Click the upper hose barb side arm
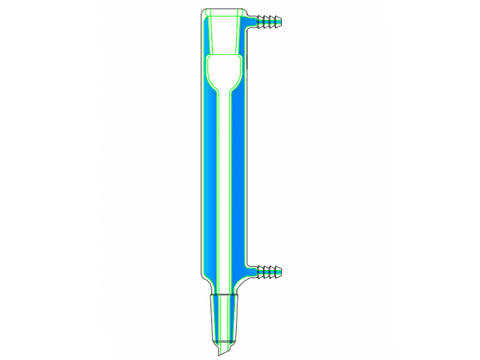pos(269,19)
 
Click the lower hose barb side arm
pos(269,269)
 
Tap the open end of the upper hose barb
pos(283,19)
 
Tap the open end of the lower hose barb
pos(283,269)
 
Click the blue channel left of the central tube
pos(209,180)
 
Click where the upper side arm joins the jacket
pos(249,19)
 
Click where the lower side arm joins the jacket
pos(249,269)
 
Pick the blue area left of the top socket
pos(205,35)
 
